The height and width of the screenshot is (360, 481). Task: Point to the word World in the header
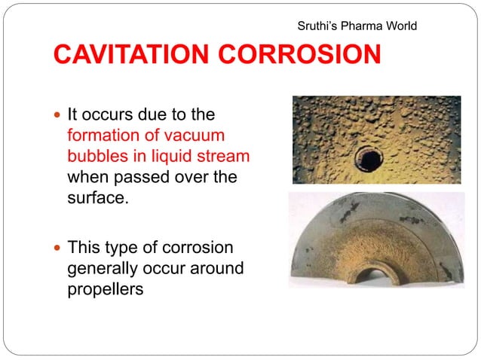point(402,26)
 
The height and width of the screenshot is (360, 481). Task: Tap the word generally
point(101,269)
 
